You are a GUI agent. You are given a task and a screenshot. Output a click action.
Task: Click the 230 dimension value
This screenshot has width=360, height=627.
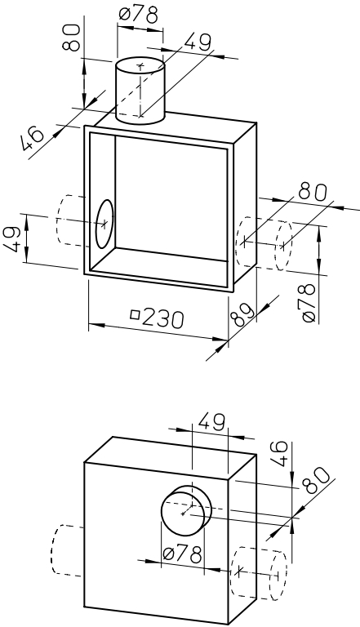162,318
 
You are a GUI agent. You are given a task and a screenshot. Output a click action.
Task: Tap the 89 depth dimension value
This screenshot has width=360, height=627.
242,313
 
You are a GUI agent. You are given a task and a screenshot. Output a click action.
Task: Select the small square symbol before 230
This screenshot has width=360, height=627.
136,314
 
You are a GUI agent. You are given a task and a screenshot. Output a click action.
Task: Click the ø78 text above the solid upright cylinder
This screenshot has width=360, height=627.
139,16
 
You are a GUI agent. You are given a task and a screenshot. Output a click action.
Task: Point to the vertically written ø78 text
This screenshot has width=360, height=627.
309,302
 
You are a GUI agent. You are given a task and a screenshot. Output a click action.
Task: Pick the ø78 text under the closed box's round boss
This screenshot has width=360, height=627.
182,554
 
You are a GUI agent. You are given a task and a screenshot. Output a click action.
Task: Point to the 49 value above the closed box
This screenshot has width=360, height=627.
211,422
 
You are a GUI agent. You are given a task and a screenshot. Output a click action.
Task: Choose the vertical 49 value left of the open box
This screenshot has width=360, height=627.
12,239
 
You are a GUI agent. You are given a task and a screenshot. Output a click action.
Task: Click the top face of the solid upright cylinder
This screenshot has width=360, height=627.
140,65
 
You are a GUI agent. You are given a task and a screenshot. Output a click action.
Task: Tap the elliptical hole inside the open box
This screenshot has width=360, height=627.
104,224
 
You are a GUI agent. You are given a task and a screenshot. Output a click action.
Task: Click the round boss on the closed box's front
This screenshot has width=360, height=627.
185,510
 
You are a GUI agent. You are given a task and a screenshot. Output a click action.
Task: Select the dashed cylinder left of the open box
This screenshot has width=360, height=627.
71,220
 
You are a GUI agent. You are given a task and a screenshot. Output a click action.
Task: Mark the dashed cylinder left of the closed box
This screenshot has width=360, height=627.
67,549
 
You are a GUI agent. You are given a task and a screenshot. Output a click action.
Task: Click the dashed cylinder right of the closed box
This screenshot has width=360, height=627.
259,572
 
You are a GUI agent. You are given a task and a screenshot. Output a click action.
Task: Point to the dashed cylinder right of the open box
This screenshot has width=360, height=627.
264,243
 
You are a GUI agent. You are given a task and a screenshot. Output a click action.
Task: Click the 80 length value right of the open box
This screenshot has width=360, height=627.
313,192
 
